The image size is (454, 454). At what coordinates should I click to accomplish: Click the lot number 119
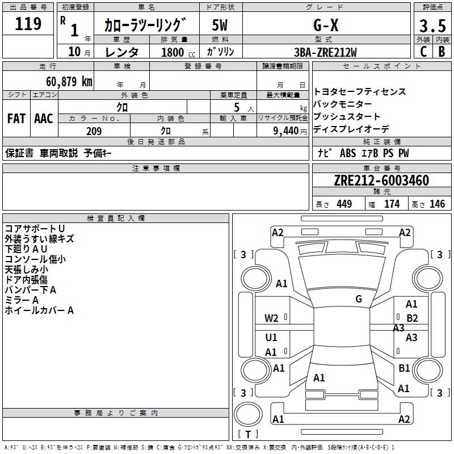(28, 24)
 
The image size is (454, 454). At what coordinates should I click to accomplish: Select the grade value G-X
(326, 25)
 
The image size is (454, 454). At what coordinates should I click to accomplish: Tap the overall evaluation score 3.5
(432, 26)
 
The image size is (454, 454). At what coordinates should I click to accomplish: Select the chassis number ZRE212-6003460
(381, 181)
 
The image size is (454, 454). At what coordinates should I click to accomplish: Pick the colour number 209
(94, 131)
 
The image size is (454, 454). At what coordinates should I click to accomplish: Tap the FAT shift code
(16, 119)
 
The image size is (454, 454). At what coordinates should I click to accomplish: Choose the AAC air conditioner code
(43, 119)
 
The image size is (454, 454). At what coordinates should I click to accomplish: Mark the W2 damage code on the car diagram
(271, 318)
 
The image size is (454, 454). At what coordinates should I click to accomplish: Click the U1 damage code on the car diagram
(271, 338)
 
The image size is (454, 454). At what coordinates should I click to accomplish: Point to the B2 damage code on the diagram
(412, 318)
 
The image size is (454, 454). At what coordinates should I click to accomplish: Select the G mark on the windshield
(359, 299)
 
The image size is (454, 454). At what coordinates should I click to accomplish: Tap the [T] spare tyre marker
(248, 434)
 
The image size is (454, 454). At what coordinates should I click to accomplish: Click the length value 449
(344, 204)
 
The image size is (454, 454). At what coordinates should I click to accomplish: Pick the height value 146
(437, 204)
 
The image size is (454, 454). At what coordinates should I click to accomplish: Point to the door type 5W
(220, 25)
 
